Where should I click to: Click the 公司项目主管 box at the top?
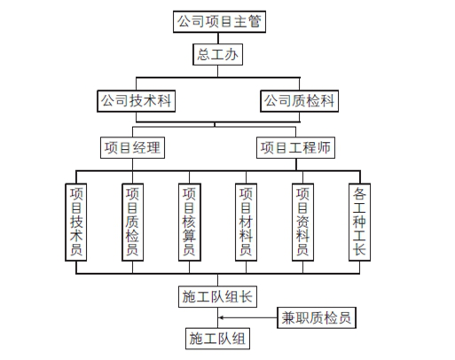[219, 19]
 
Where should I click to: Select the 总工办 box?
[218, 55]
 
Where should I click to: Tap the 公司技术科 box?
[135, 101]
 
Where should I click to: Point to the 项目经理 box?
[132, 147]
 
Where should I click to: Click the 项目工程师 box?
[295, 147]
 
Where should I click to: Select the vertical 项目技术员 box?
[76, 222]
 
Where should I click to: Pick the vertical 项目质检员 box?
[132, 222]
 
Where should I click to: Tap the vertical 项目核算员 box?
[188, 222]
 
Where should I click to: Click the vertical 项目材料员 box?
[246, 222]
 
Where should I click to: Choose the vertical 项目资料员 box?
[302, 222]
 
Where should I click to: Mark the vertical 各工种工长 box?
[359, 222]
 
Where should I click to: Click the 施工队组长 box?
[218, 296]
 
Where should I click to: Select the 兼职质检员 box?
[317, 317]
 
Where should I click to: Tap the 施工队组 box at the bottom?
[218, 339]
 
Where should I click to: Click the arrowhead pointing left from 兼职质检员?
[224, 317]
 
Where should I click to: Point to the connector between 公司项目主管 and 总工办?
[218, 37]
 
